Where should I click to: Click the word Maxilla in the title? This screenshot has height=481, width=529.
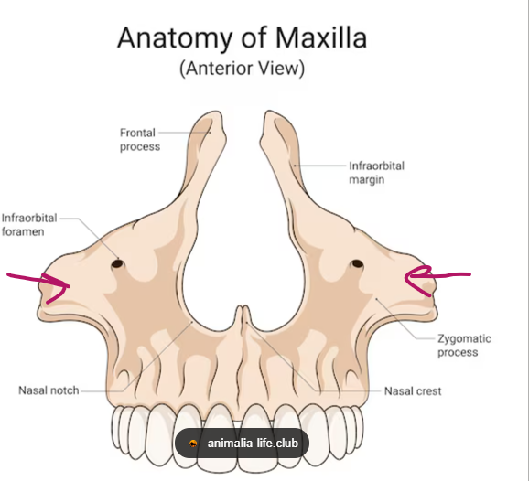pyautogui.click(x=321, y=37)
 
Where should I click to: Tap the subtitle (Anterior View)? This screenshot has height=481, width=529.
pyautogui.click(x=243, y=69)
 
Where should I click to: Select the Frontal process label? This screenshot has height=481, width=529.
pyautogui.click(x=140, y=140)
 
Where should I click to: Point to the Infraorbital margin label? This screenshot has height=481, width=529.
pyautogui.click(x=376, y=173)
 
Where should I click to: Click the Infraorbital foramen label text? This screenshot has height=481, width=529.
pyautogui.click(x=29, y=225)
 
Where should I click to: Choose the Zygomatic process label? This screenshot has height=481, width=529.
pyautogui.click(x=464, y=345)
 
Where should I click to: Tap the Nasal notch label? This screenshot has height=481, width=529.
pyautogui.click(x=49, y=390)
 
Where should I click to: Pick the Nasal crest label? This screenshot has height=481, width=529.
pyautogui.click(x=413, y=391)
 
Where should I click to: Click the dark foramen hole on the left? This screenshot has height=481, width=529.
pyautogui.click(x=117, y=263)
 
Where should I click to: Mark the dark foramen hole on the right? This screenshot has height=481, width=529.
pyautogui.click(x=357, y=263)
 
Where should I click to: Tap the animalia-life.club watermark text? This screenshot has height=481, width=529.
pyautogui.click(x=253, y=443)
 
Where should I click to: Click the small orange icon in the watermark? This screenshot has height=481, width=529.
pyautogui.click(x=193, y=444)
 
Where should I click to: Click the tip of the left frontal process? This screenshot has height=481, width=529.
pyautogui.click(x=216, y=112)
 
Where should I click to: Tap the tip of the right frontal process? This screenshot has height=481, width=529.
pyautogui.click(x=269, y=112)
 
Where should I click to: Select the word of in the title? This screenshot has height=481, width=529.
pyautogui.click(x=254, y=37)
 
